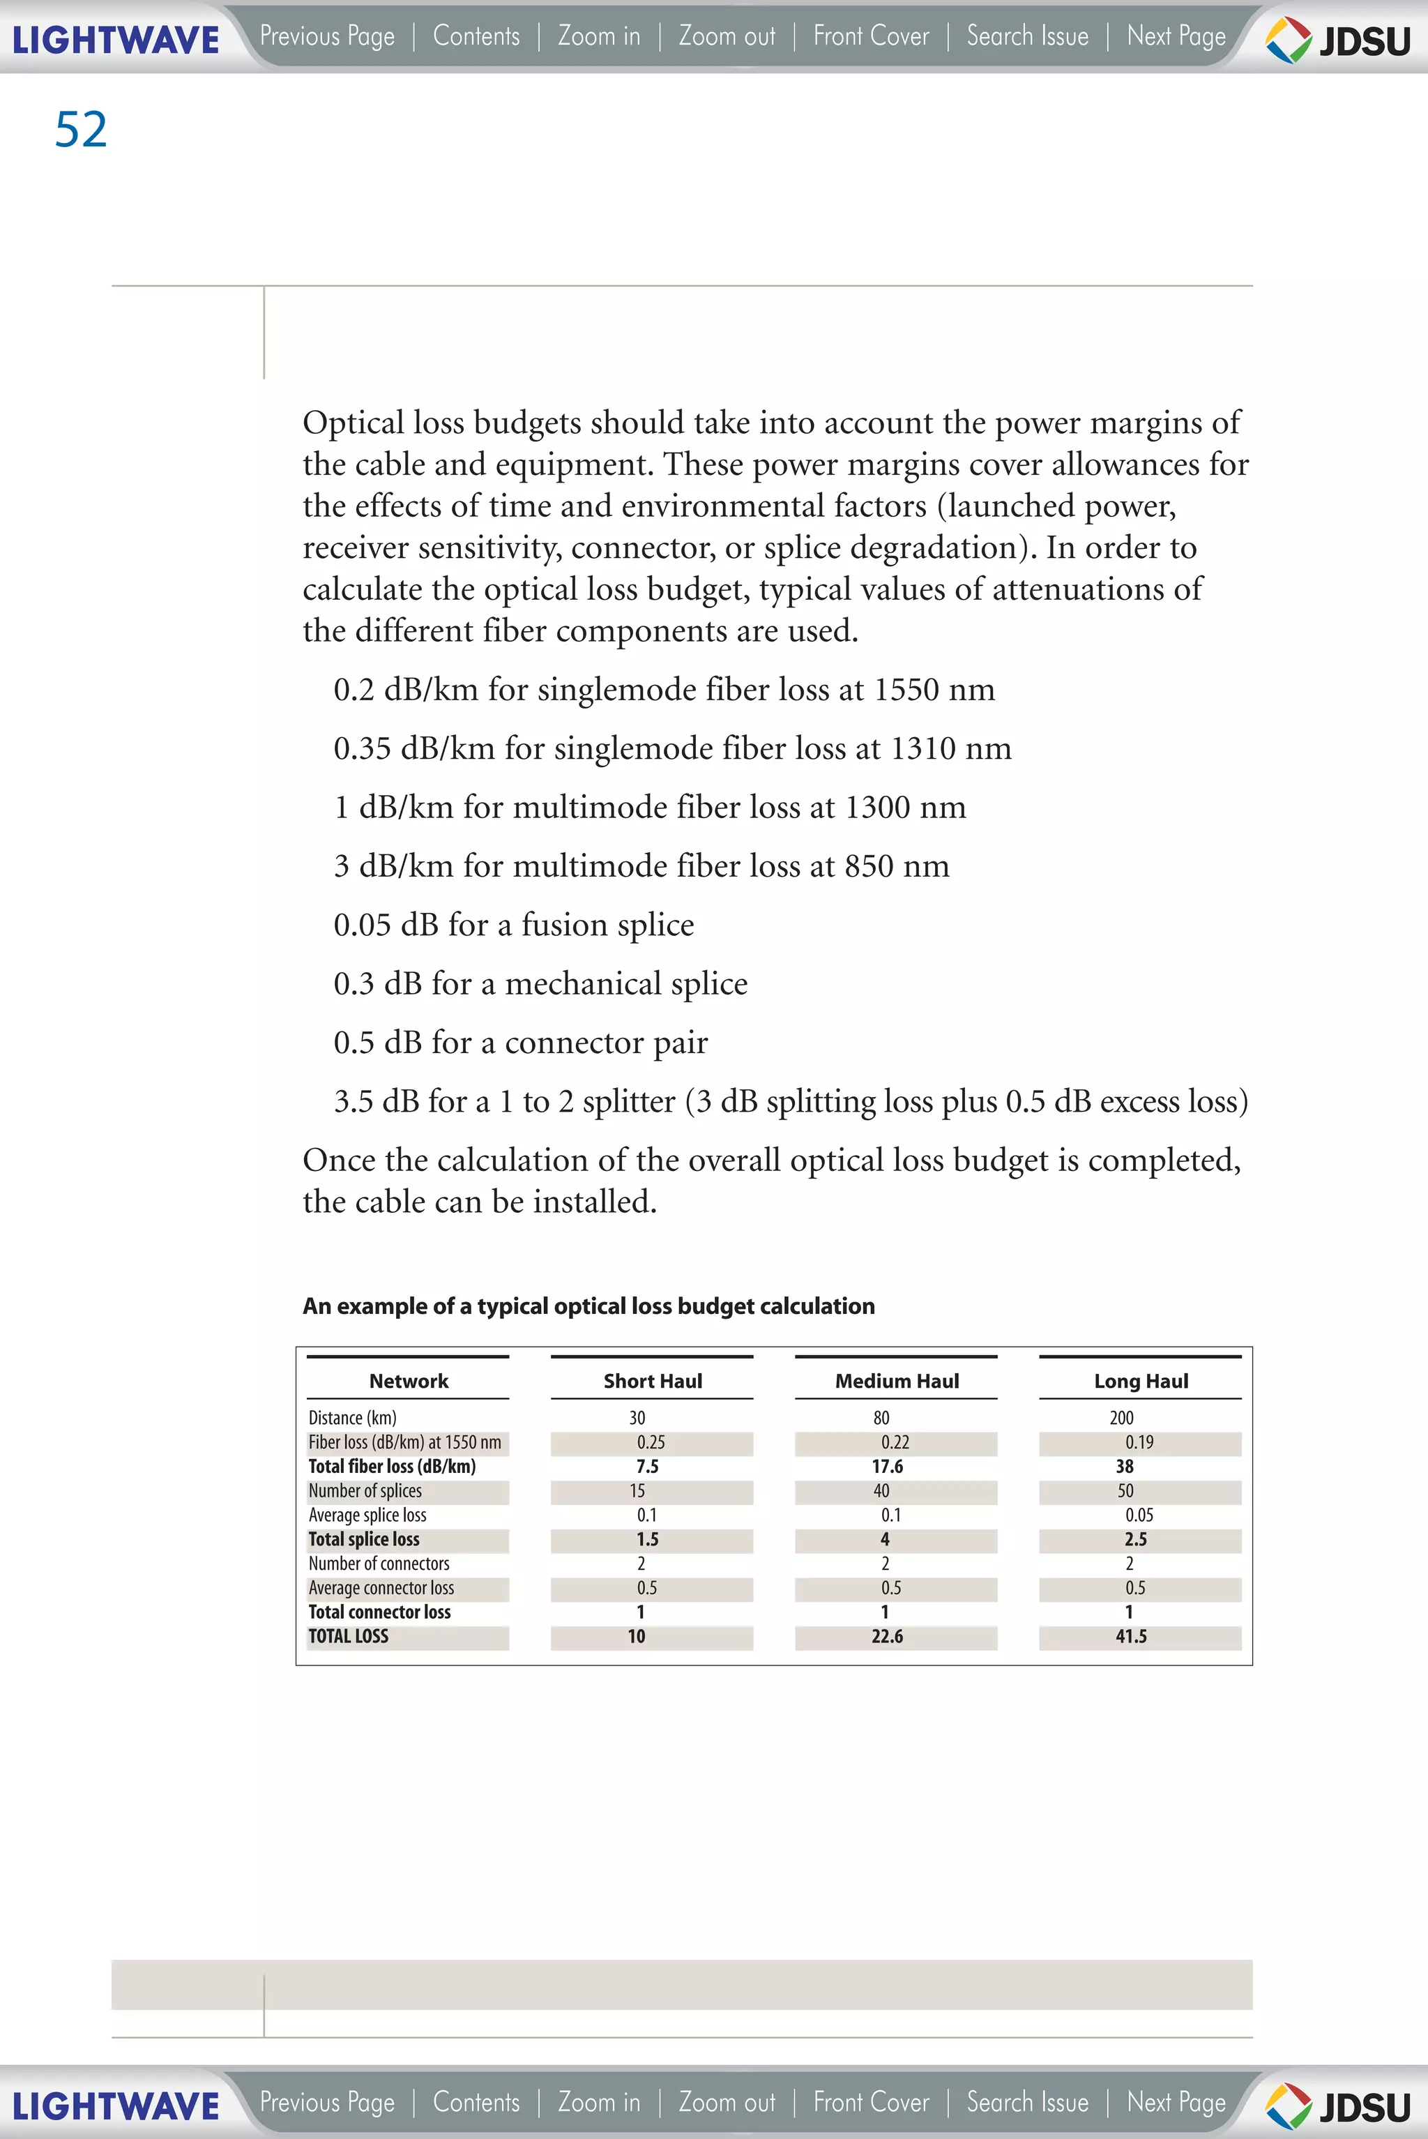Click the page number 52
click(81, 129)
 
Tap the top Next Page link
click(1176, 36)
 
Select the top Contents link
click(476, 36)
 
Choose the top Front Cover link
click(871, 36)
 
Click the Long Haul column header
click(1140, 1381)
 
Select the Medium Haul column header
click(896, 1381)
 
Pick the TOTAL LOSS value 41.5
click(1131, 1636)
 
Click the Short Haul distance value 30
click(637, 1417)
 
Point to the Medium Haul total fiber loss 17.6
click(887, 1467)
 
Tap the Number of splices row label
click(365, 1491)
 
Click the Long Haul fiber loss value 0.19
click(1139, 1442)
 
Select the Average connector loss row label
click(381, 1588)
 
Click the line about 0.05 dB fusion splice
click(514, 925)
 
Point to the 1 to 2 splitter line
click(789, 1101)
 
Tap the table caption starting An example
click(588, 1306)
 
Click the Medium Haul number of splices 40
click(881, 1491)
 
